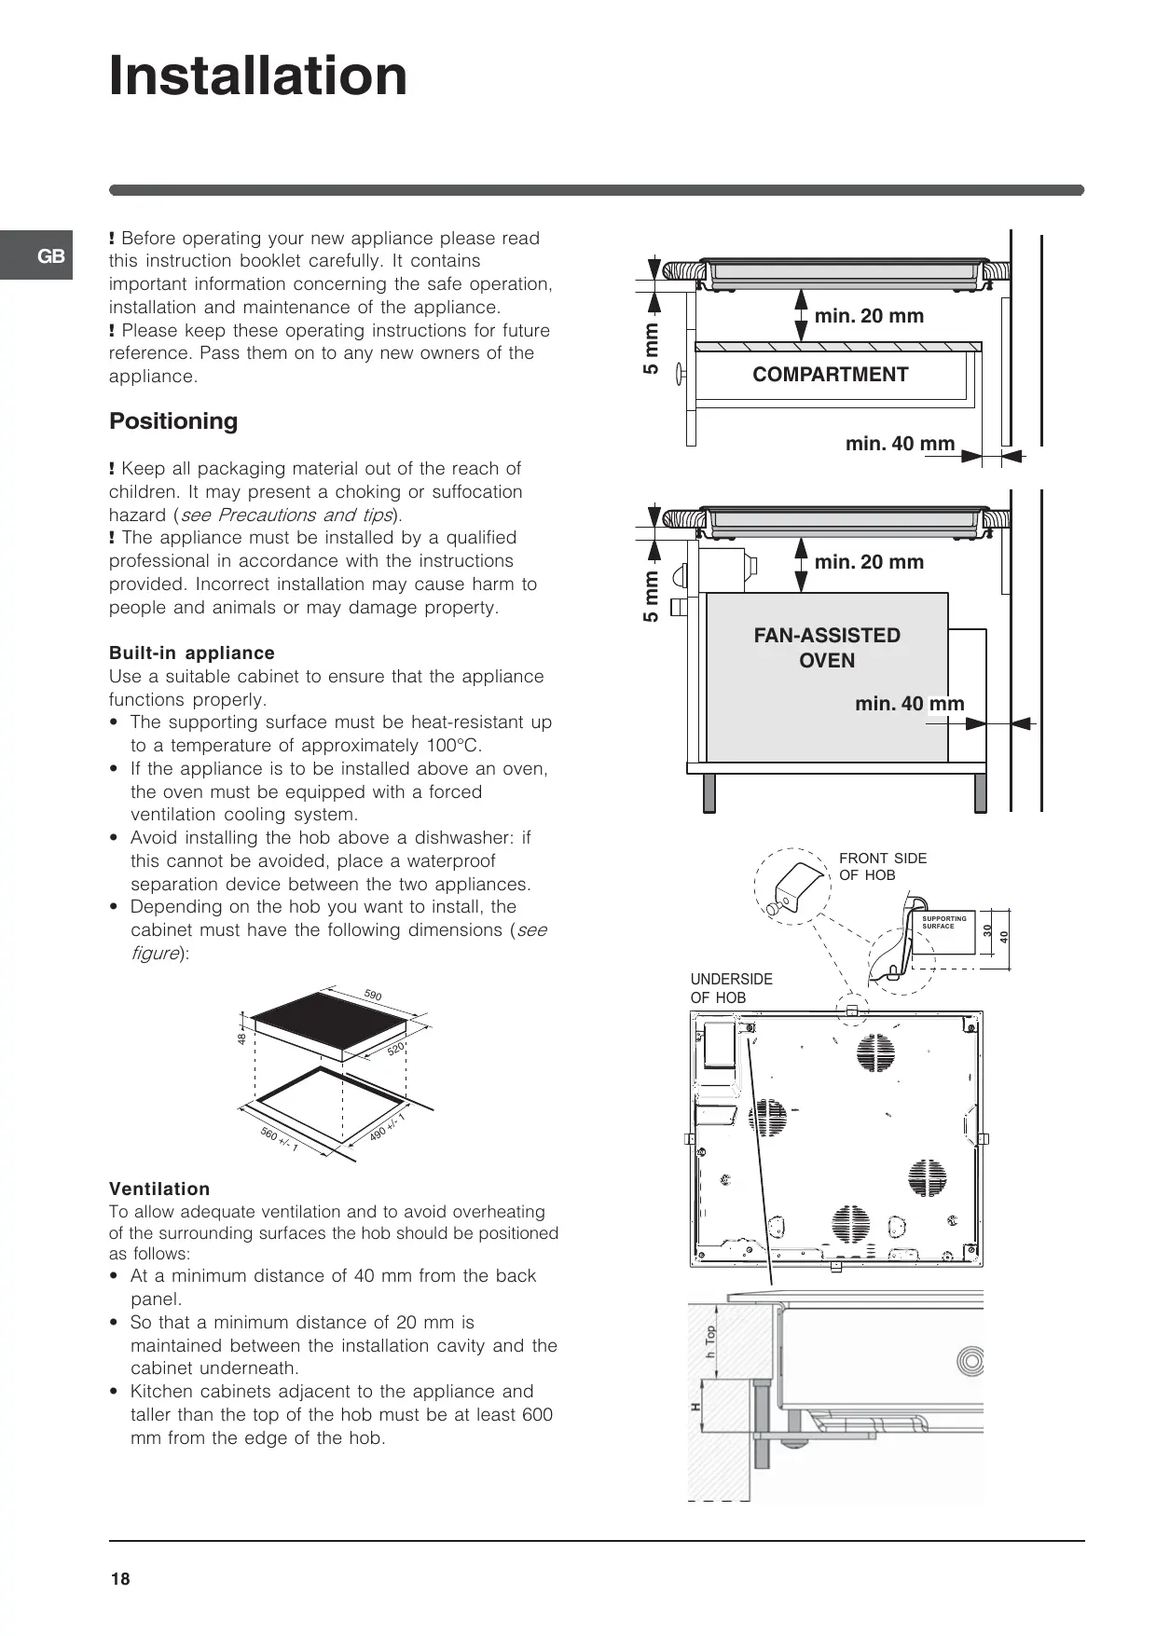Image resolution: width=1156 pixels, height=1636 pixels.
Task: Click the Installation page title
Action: coord(258,76)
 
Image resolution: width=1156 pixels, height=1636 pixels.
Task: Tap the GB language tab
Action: coord(50,256)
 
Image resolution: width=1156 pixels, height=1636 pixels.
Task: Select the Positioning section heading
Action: coord(173,421)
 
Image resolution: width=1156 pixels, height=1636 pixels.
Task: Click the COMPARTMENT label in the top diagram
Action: coord(830,375)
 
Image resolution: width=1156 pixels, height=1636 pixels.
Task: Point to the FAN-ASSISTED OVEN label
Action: coord(827,648)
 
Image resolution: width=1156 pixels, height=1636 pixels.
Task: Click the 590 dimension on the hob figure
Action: coord(373,996)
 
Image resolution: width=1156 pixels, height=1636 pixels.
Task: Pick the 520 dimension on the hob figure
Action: coord(396,1050)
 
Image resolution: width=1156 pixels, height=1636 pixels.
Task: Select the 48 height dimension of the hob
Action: coord(241,1038)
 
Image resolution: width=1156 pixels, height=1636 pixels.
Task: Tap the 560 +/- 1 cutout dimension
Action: coord(279,1138)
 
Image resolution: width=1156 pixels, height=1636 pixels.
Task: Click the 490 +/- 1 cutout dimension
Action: coord(387,1127)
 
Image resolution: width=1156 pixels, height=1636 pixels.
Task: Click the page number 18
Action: coord(120,1579)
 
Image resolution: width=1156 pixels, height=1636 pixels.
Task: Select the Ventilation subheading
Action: coord(159,1189)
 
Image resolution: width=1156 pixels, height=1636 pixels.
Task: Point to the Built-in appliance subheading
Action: coord(192,653)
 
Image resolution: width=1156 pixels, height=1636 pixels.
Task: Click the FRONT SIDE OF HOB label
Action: coord(882,866)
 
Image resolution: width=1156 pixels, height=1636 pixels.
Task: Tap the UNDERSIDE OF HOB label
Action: coord(731,988)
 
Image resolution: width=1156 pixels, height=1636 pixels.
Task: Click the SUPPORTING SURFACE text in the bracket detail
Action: coord(943,922)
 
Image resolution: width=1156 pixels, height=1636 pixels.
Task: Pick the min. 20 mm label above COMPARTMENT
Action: coord(869,316)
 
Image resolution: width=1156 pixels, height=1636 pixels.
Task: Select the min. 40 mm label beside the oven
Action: coord(909,704)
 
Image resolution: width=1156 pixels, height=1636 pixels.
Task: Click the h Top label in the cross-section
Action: coord(710,1341)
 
